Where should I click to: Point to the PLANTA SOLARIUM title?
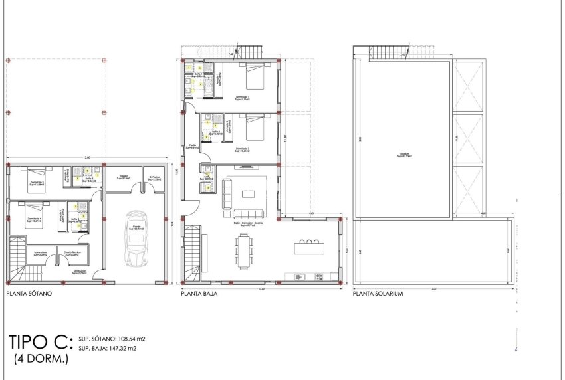pos(378,293)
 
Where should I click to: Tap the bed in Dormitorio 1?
pos(254,78)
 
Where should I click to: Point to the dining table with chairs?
pos(243,250)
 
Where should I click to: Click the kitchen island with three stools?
pos(310,248)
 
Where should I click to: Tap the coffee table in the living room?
pos(248,194)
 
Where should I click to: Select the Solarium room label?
pos(401,154)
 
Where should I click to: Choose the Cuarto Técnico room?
pos(72,254)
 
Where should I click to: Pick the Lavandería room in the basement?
pos(38,254)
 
